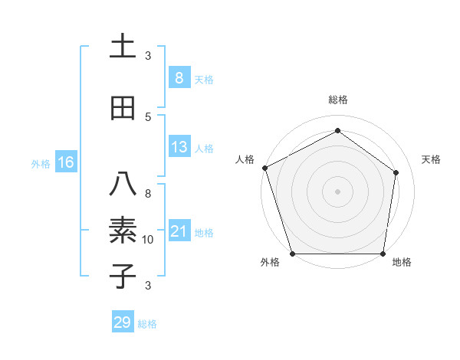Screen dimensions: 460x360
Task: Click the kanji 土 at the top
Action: pos(123,47)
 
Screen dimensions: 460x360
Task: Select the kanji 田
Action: pos(123,108)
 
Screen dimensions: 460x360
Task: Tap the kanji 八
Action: pos(123,183)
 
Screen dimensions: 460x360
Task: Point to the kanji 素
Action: pos(123,230)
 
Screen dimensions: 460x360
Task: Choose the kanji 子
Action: pos(123,276)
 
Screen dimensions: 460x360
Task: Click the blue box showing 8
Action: pos(179,78)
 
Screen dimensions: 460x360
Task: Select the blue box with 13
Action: pos(179,148)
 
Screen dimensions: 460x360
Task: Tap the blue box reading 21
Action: pos(179,231)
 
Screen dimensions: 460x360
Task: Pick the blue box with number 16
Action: pos(65,162)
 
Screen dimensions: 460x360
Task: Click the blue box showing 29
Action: pos(123,322)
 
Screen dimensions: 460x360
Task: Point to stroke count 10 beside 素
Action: pos(148,240)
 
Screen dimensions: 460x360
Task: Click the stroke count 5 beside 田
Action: pos(148,116)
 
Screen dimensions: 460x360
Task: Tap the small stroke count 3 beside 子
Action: pos(148,286)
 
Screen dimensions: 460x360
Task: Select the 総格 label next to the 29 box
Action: pos(147,324)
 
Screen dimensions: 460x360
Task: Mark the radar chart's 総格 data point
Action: pos(337,131)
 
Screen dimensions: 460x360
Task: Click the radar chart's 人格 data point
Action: pos(264,168)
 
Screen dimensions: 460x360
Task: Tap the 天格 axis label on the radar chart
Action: pos(432,159)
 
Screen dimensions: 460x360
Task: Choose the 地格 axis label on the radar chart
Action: pos(402,263)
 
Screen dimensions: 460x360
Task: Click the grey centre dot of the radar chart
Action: pos(337,191)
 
